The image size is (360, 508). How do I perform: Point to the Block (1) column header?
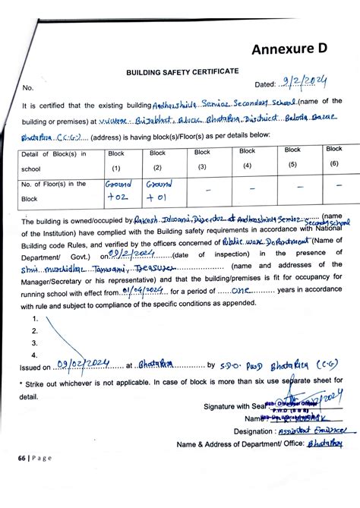tap(116, 160)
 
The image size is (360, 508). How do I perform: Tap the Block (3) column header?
tap(202, 159)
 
